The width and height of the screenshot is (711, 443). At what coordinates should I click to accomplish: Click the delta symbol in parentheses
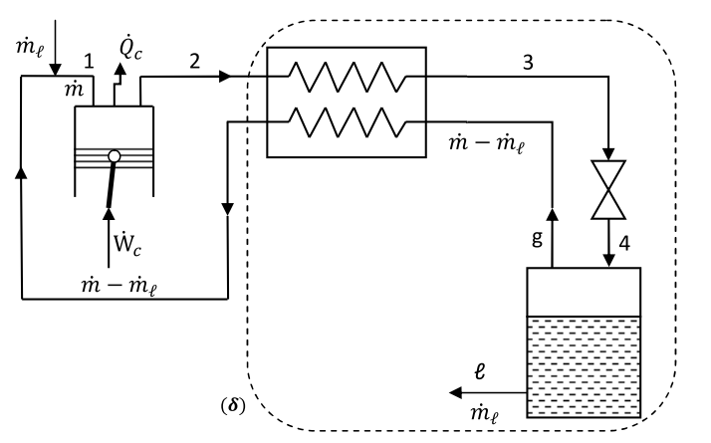click(x=233, y=407)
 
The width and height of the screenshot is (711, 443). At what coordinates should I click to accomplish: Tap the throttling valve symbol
click(x=606, y=189)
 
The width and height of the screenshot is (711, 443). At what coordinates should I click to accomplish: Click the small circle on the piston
click(x=115, y=157)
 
